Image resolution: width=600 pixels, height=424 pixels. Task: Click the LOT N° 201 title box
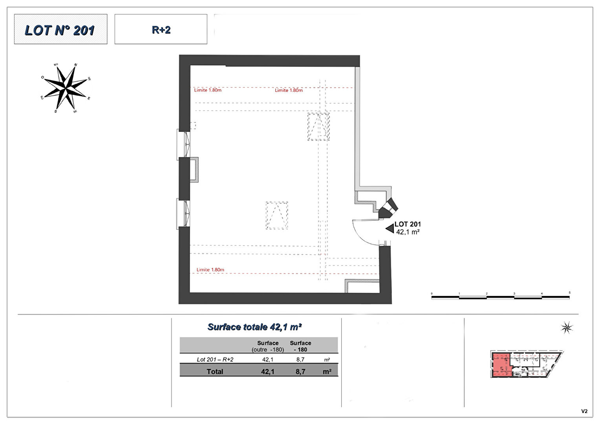[x=60, y=29]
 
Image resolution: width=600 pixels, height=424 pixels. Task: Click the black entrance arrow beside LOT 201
[x=390, y=228]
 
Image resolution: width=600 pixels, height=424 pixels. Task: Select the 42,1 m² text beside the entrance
[x=408, y=232]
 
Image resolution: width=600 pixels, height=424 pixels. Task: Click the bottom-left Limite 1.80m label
[x=210, y=270]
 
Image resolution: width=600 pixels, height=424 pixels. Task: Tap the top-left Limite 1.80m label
[x=208, y=90]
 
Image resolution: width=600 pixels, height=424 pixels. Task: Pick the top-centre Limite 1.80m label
[x=289, y=90]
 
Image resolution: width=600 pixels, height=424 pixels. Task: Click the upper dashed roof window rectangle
[x=318, y=126]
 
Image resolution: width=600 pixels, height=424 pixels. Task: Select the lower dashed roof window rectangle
[x=277, y=216]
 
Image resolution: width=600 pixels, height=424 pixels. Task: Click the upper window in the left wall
[x=184, y=144]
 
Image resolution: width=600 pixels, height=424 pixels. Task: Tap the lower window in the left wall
[x=184, y=213]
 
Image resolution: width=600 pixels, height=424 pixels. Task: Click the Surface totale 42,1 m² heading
[x=254, y=327]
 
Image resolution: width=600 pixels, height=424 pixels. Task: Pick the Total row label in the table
[x=215, y=371]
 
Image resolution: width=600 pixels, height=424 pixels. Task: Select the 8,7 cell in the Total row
[x=300, y=371]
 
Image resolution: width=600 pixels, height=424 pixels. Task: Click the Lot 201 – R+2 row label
[x=215, y=359]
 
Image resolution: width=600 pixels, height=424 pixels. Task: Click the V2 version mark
[x=584, y=411]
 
